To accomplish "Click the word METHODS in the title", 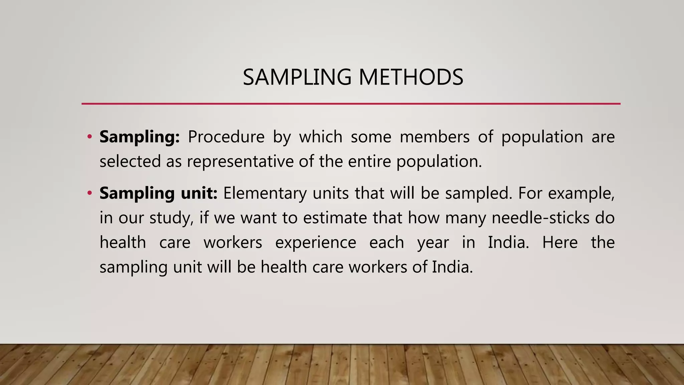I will click(411, 77).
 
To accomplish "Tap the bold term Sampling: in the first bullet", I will click(140, 137).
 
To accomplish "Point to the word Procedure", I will click(226, 137).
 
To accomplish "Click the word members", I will click(435, 137).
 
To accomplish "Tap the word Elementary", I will click(265, 193).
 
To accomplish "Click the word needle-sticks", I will click(541, 218).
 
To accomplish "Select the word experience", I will click(316, 242).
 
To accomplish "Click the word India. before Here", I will click(508, 242).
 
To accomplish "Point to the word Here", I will click(560, 242).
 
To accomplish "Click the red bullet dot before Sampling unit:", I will click(89, 193).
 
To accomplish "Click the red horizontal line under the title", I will click(351, 104).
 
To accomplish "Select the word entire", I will click(369, 161).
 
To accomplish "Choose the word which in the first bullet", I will click(321, 137).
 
